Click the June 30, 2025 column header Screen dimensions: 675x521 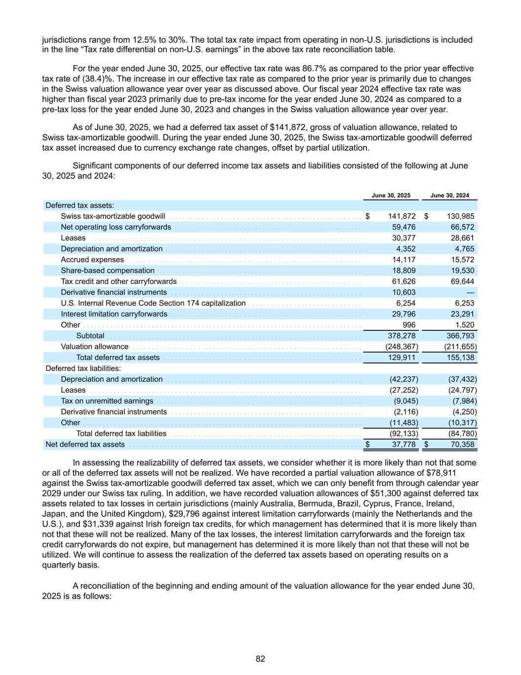point(391,195)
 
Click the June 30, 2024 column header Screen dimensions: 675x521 point(450,195)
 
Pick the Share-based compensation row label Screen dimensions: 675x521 point(108,270)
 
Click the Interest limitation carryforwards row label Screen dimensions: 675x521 point(114,314)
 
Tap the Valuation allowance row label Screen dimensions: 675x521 point(94,347)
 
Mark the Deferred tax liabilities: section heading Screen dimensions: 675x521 point(83,368)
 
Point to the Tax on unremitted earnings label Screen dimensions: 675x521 point(107,401)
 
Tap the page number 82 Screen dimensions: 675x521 point(260,659)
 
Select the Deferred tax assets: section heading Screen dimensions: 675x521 point(80,205)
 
